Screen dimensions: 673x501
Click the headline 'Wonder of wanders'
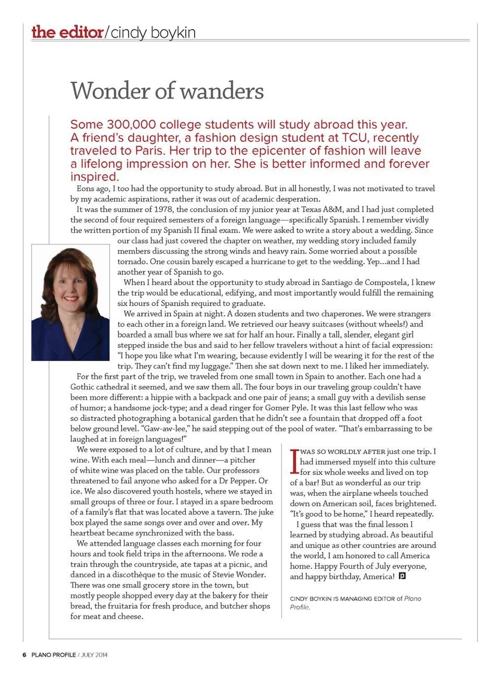tap(167, 91)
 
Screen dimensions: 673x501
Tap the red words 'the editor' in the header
tap(67, 32)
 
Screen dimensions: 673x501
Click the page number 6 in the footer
tap(24, 655)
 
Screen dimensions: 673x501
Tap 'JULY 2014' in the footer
tap(94, 655)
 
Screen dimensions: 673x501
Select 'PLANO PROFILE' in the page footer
tap(53, 655)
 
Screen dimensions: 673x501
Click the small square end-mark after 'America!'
tap(402, 576)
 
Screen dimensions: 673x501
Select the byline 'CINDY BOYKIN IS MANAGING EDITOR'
tap(342, 599)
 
